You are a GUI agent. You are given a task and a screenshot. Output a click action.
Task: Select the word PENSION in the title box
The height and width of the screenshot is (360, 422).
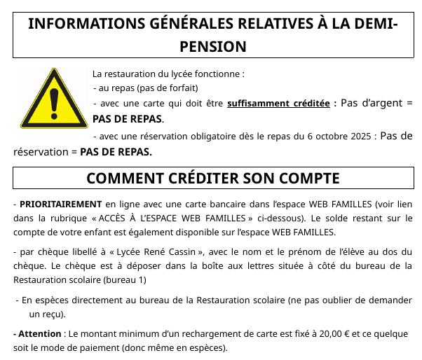coord(211,46)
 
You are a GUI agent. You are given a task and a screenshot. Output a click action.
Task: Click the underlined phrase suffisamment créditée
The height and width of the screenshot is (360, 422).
coord(278,103)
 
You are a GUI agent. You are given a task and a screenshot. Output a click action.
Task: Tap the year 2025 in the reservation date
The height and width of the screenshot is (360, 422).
coord(358,136)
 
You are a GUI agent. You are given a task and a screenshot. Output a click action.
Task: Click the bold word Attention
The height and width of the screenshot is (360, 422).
coord(40,334)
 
